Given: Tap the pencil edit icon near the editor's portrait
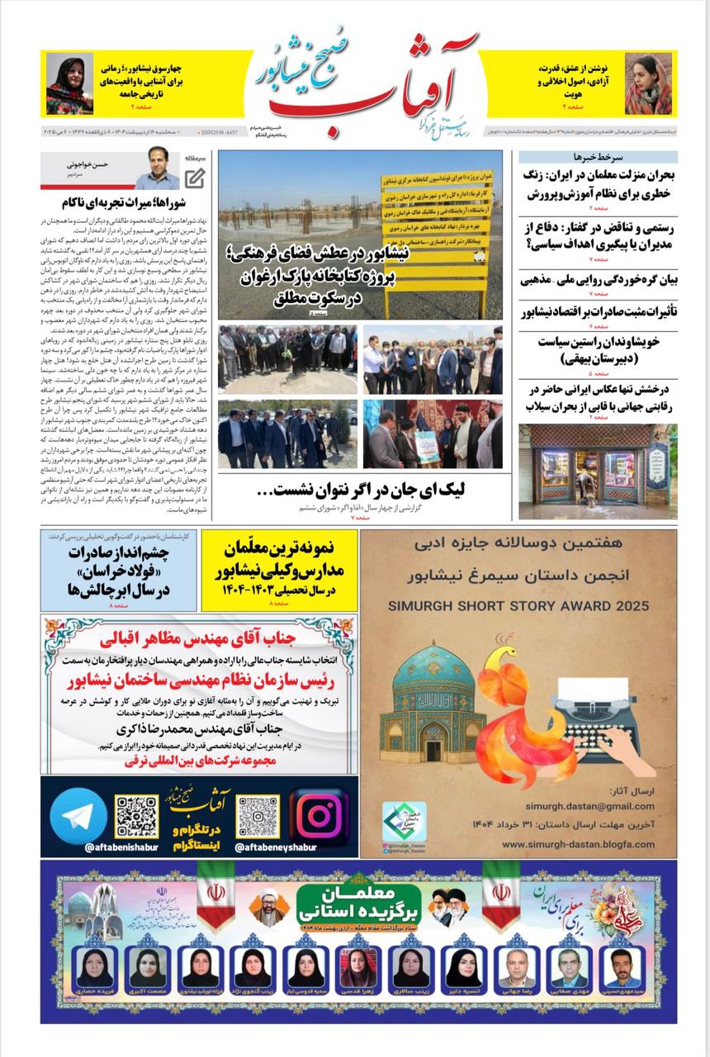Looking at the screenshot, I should [195, 177].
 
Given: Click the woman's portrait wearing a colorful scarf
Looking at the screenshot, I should [69, 83].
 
